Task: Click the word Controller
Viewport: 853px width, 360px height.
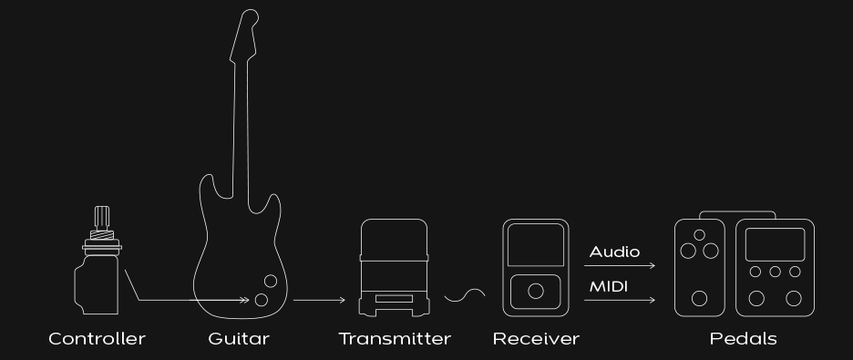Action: coord(97,339)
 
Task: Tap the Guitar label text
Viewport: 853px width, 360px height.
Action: coord(239,339)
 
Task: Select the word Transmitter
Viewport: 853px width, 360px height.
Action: coord(395,339)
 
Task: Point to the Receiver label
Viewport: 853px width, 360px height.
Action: coord(536,339)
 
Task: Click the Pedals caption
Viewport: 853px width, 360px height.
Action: coord(744,339)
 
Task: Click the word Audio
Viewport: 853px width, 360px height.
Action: coord(614,252)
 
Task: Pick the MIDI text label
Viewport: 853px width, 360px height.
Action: coord(609,286)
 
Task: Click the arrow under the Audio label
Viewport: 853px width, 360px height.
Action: coord(620,267)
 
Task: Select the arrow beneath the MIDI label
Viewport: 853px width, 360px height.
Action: coord(620,300)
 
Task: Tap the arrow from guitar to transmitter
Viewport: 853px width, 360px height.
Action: coord(319,300)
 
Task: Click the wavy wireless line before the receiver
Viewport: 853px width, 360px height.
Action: coord(465,294)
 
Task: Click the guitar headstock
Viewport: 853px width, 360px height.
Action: coord(249,32)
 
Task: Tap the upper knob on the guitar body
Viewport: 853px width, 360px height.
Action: coord(271,281)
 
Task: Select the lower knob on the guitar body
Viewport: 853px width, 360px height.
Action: coord(262,299)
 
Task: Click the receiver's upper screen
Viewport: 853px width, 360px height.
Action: coord(536,247)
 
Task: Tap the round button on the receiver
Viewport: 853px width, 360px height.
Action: coord(536,292)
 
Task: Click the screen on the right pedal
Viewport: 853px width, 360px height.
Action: coord(775,244)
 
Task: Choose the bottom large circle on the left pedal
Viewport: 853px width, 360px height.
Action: coord(700,297)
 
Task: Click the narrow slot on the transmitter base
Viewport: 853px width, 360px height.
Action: coord(394,298)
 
